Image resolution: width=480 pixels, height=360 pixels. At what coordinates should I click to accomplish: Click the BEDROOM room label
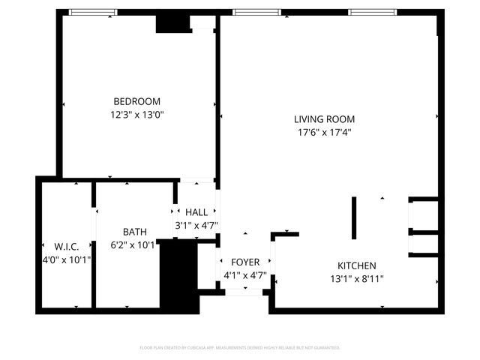[x=136, y=101]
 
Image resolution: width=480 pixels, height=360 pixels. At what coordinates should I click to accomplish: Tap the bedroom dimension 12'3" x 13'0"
[x=136, y=115]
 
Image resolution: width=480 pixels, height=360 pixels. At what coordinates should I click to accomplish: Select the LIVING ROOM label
[x=324, y=119]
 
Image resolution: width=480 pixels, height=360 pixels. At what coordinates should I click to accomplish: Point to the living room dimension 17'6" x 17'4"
[x=324, y=133]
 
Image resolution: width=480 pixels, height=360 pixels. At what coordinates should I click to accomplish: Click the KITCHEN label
[x=356, y=265]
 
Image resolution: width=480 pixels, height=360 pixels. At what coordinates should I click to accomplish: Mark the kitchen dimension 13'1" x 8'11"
[x=356, y=279]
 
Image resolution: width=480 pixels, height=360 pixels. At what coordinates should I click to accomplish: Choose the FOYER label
[x=244, y=262]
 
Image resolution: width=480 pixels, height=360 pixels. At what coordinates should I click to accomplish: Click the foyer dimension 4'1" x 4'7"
[x=244, y=275]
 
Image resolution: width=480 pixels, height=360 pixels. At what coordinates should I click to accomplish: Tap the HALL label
[x=196, y=212]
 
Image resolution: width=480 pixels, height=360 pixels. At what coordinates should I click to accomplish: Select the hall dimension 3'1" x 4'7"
[x=196, y=225]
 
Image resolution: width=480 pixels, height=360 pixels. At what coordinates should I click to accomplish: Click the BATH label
[x=135, y=232]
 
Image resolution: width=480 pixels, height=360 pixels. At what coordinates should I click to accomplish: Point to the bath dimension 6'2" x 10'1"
[x=133, y=244]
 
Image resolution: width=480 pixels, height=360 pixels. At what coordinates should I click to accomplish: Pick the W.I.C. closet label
[x=66, y=246]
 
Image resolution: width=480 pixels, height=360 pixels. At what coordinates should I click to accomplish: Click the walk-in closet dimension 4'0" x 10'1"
[x=66, y=259]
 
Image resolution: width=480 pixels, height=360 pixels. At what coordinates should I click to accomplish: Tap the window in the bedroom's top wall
[x=93, y=12]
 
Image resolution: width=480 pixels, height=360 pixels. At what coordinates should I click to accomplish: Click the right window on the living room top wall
[x=373, y=12]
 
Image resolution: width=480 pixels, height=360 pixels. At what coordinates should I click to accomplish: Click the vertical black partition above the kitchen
[x=354, y=217]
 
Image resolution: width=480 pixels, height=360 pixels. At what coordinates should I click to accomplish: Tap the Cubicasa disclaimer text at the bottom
[x=240, y=348]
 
